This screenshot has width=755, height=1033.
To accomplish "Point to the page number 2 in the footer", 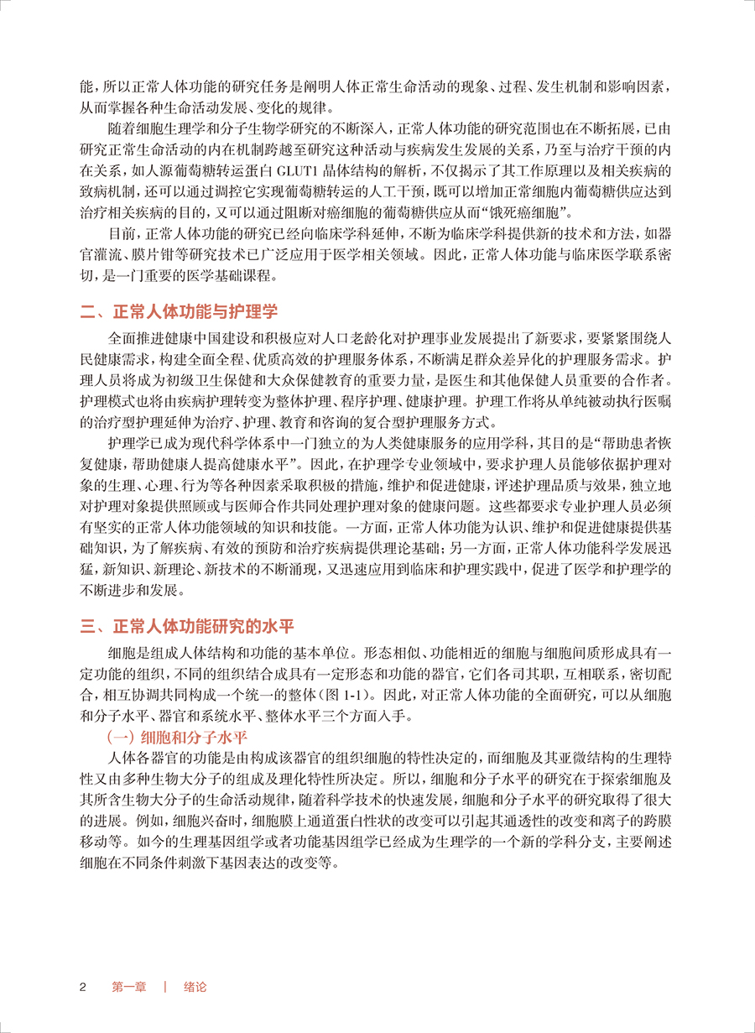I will [x=82, y=987].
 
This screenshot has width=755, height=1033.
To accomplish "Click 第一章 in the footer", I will [x=129, y=987].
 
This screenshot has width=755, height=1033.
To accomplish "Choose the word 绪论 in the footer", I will [x=195, y=987].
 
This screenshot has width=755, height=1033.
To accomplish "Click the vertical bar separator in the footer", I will [x=166, y=987].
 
